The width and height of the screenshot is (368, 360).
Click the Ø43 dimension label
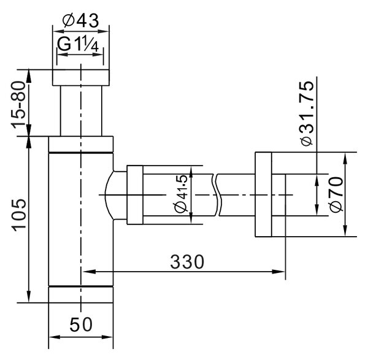[80, 21]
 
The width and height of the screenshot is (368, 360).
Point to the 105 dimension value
[19, 215]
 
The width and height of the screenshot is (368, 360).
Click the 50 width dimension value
[81, 324]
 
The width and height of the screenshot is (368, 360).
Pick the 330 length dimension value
[187, 262]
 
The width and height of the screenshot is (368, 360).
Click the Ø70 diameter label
[336, 194]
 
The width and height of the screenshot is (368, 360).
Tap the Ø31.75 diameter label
[307, 113]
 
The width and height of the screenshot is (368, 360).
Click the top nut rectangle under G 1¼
[81, 78]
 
